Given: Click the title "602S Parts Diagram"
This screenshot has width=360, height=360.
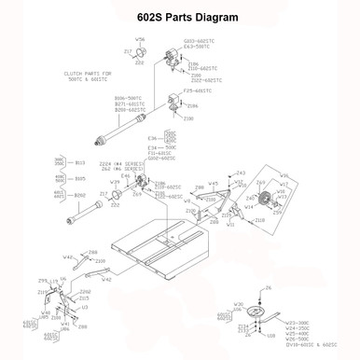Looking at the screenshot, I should (x=180, y=18).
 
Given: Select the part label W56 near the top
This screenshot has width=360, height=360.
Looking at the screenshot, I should (x=141, y=40).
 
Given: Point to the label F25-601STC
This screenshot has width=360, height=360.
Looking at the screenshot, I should (x=197, y=90).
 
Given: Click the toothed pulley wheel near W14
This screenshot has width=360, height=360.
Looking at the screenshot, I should (x=263, y=200).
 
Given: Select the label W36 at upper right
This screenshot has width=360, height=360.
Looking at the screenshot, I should (x=285, y=174).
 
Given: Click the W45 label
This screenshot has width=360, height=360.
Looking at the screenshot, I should (x=214, y=184).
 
